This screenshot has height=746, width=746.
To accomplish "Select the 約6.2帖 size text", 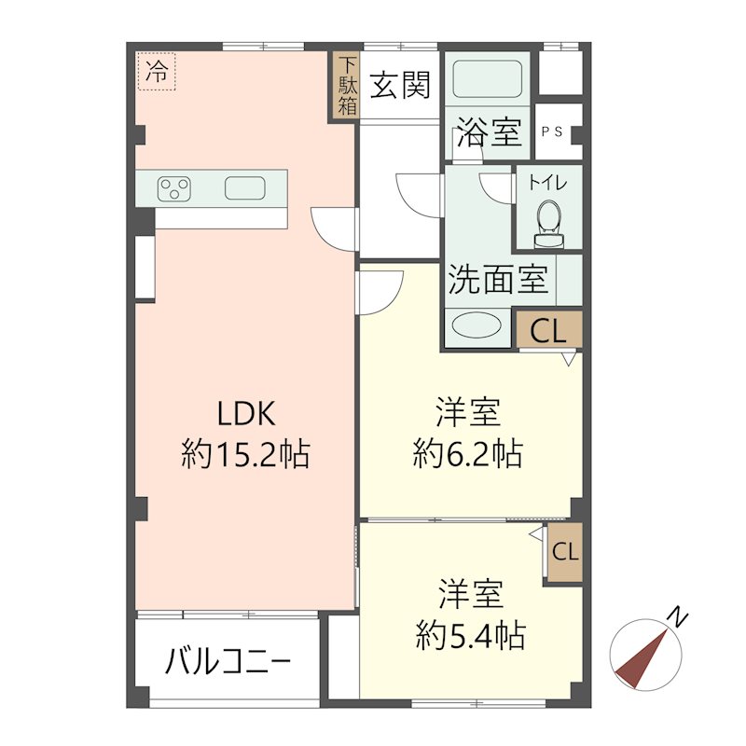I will click(x=468, y=455).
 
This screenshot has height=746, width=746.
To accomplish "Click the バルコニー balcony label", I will click(x=228, y=663).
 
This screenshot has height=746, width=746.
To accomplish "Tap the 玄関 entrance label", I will click(x=401, y=86).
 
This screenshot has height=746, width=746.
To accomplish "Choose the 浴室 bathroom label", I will click(x=490, y=132).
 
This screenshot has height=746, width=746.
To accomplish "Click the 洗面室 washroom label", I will click(x=498, y=280).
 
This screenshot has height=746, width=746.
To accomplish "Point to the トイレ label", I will click(x=548, y=183).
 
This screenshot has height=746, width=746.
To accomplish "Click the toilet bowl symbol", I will click(x=548, y=220).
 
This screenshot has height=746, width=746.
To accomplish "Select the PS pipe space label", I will click(x=551, y=131).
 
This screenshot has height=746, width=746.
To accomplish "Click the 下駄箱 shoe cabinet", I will click(x=347, y=86).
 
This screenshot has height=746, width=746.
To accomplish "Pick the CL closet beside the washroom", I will click(x=548, y=330).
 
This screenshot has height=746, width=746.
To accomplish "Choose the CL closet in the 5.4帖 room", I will click(x=565, y=551).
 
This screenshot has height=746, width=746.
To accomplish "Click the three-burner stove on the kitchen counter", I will click(x=174, y=188).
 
